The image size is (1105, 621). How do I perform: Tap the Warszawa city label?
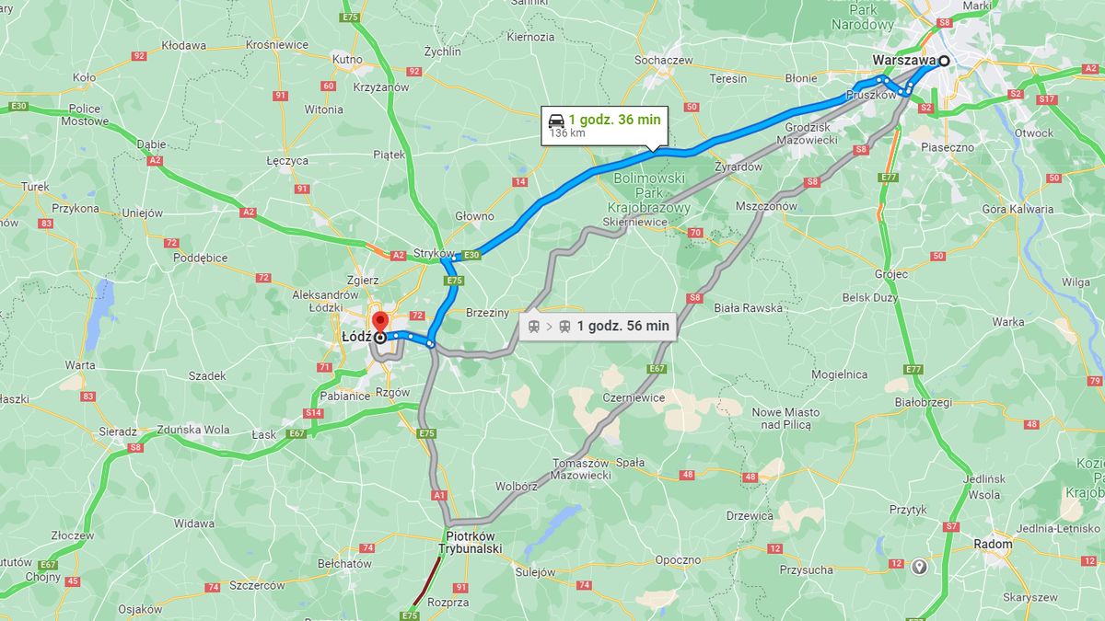(x=903, y=62)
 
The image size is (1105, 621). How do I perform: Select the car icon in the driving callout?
(x=556, y=120)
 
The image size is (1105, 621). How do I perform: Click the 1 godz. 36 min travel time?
(x=614, y=120)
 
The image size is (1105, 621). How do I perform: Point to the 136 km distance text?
(x=567, y=133)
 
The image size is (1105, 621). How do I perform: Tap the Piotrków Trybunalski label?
(x=473, y=542)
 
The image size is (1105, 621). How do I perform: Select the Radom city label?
(x=993, y=544)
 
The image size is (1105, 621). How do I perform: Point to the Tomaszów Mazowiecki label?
(x=581, y=469)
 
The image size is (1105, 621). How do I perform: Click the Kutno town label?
(x=347, y=59)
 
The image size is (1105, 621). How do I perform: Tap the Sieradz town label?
(x=118, y=431)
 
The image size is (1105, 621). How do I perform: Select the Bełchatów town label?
(x=343, y=563)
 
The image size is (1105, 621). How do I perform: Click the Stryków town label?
(x=434, y=253)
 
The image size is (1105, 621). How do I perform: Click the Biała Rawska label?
(x=748, y=308)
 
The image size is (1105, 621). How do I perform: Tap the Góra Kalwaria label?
(x=1018, y=209)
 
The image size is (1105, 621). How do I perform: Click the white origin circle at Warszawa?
(x=943, y=61)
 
